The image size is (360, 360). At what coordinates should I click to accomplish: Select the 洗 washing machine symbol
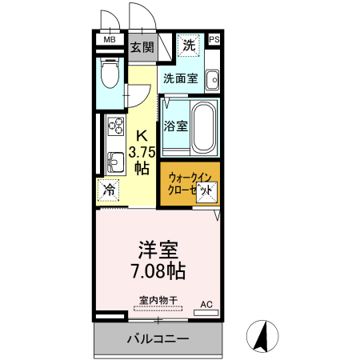(189, 45)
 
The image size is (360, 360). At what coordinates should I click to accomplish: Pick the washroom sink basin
(212, 80)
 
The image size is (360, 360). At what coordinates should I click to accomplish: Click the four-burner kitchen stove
(114, 127)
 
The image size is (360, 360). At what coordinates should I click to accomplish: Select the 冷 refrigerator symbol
(109, 190)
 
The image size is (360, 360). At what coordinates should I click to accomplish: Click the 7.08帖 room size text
(158, 270)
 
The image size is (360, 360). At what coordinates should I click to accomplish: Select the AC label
(206, 303)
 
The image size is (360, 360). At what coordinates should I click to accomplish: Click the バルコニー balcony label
(158, 339)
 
